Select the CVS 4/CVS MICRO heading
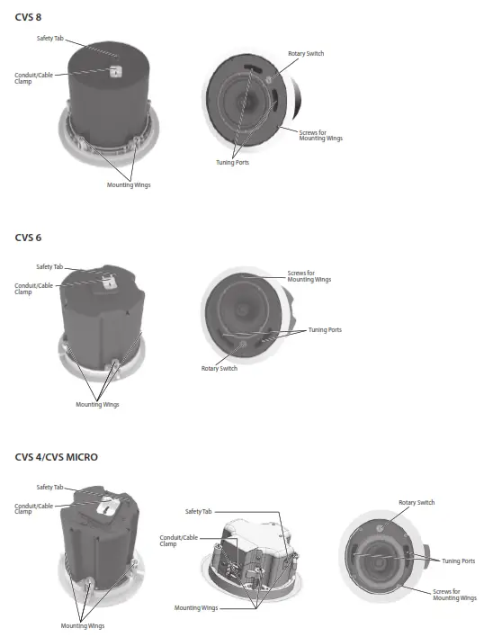[56, 457]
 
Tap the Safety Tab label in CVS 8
[50, 38]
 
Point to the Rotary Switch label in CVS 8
[306, 53]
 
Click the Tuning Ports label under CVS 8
[234, 163]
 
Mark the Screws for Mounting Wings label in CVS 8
[321, 135]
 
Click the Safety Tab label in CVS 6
[49, 266]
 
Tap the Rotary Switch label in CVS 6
[219, 368]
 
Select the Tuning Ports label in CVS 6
[325, 330]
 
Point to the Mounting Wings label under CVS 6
[97, 404]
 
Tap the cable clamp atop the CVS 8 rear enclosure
[115, 71]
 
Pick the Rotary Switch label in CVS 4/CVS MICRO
[417, 502]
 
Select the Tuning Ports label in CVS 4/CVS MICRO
[458, 561]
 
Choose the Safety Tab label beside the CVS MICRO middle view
[199, 511]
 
